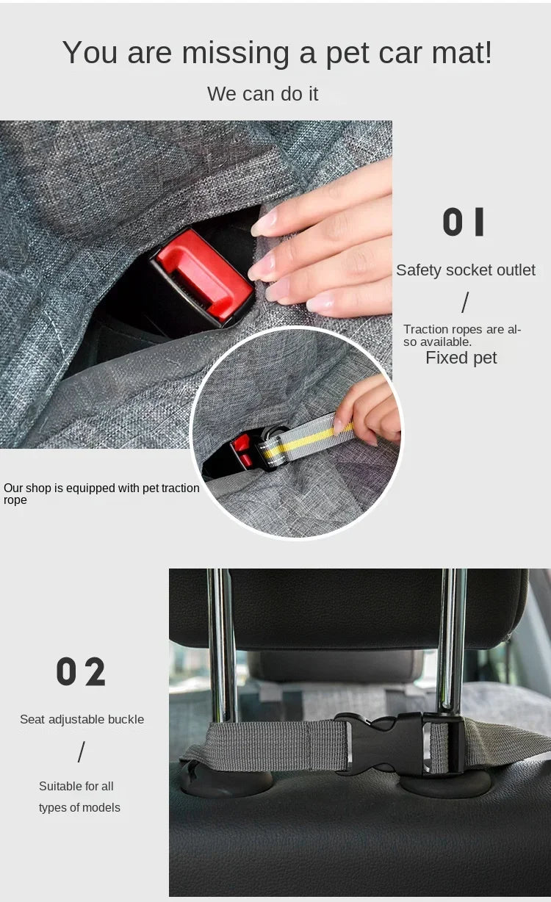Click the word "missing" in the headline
[235, 53]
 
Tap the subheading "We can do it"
[262, 94]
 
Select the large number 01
[463, 222]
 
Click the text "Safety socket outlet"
[466, 270]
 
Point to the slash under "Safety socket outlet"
[465, 303]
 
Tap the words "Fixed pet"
[461, 358]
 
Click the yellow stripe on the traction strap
[308, 439]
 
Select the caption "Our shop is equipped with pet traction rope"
[101, 494]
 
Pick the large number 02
[81, 671]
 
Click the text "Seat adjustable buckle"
[82, 719]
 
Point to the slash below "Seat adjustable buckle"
[82, 752]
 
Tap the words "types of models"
[79, 807]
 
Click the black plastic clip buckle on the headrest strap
[398, 745]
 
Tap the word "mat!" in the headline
[461, 52]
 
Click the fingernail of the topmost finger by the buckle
[264, 223]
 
